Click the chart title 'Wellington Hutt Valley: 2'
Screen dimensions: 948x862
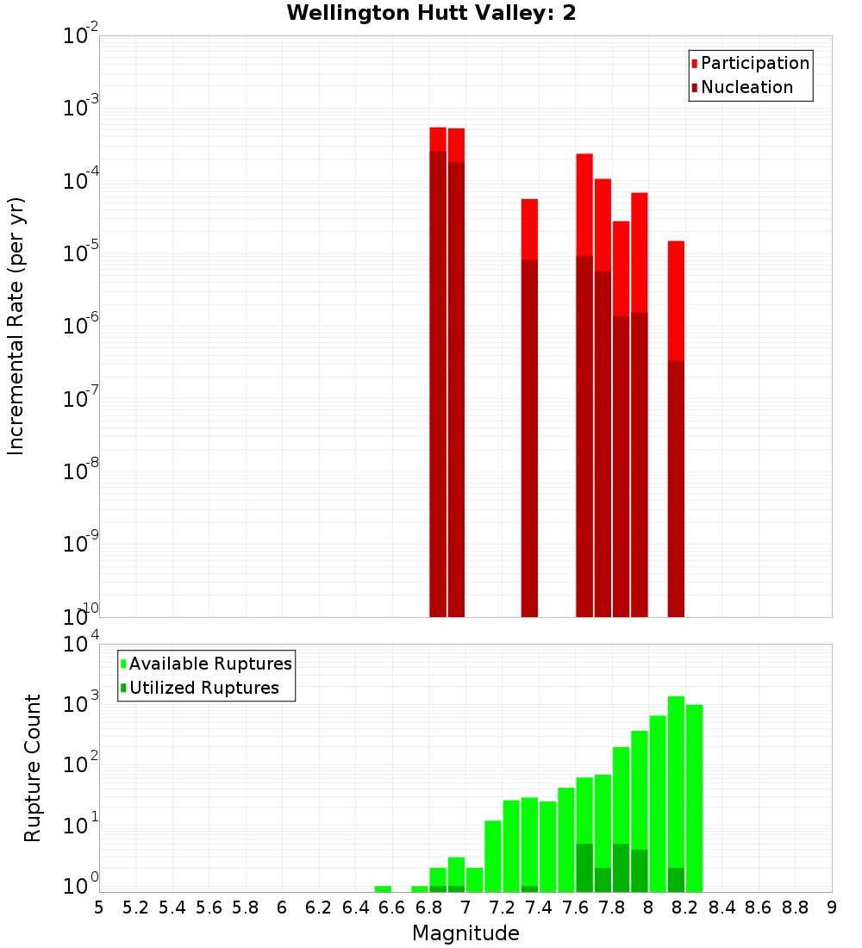point(431,13)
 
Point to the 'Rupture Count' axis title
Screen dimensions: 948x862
point(33,767)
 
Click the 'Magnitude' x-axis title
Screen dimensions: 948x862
point(465,933)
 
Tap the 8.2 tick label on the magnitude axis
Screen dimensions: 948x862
point(685,907)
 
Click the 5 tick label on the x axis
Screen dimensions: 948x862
point(99,907)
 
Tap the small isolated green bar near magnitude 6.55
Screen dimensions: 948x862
point(383,889)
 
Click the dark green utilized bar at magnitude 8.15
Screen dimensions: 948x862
point(676,879)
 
